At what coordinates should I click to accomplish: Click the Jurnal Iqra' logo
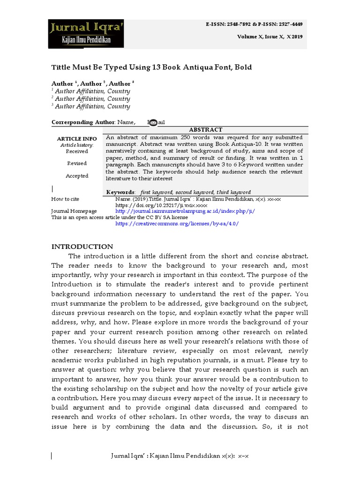(86, 34)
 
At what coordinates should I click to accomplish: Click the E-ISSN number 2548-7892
(237, 23)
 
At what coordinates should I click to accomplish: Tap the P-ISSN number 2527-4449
(291, 23)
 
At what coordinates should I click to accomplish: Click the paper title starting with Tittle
(151, 67)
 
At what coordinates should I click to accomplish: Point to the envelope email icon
(153, 123)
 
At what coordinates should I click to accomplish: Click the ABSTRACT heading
(205, 129)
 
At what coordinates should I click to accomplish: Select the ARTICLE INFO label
(77, 139)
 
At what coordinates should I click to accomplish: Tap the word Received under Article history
(77, 151)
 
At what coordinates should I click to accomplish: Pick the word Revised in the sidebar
(77, 164)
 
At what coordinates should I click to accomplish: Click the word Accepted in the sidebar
(77, 176)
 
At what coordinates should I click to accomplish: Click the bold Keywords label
(120, 192)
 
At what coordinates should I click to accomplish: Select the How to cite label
(65, 199)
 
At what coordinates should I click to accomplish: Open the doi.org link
(161, 205)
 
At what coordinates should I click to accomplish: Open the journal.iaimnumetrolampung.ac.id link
(185, 211)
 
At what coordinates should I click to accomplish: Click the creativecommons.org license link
(177, 224)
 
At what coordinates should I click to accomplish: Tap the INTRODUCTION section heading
(82, 247)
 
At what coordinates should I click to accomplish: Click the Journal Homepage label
(74, 211)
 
